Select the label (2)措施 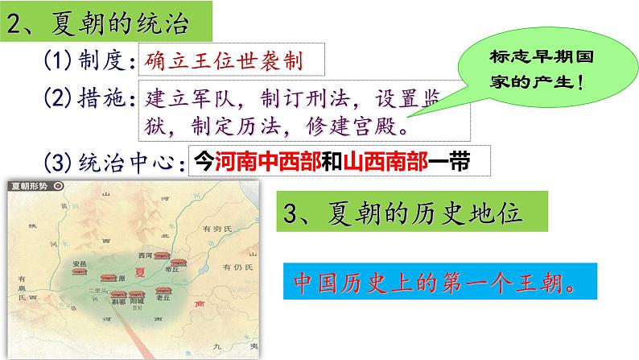[x=87, y=101]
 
